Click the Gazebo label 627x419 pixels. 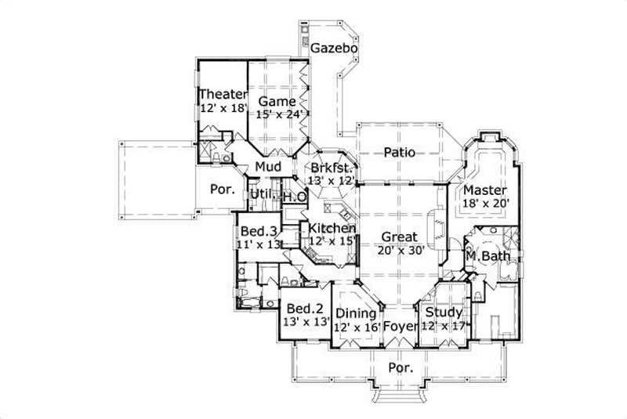coord(335,49)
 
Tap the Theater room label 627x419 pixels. coord(223,95)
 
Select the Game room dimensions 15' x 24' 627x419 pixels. coord(277,114)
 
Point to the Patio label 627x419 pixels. coord(399,153)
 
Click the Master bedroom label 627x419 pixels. coord(485,190)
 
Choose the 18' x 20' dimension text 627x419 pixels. coord(486,204)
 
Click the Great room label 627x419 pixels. coord(399,237)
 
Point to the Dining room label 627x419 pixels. coord(356,313)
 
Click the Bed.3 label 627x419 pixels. coord(258,231)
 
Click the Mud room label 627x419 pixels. coord(268,168)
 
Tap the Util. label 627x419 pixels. coord(261,194)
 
